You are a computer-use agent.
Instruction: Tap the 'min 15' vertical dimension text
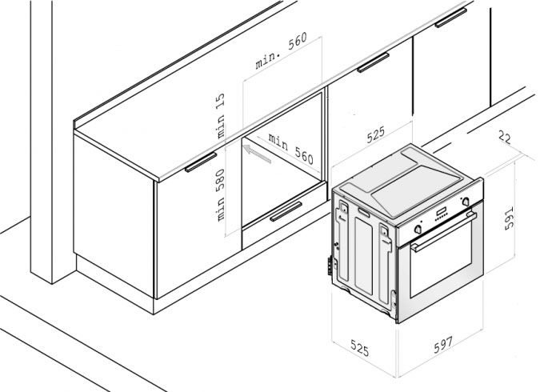(x=222, y=114)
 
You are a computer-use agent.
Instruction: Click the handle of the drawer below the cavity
(x=286, y=211)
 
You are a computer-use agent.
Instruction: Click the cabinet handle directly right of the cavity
(x=373, y=62)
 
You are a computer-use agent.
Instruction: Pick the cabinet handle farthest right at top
(x=451, y=17)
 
